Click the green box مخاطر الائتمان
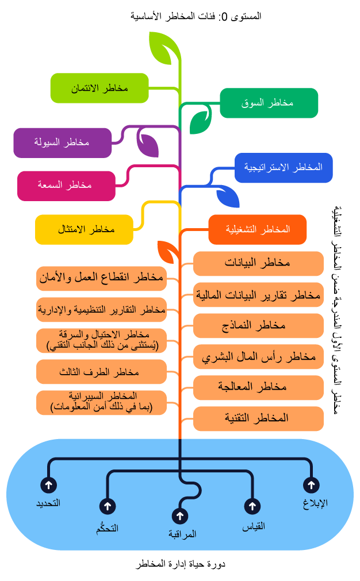pos(99,88)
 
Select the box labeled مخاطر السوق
pos(269,103)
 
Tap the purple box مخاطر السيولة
pos(63,143)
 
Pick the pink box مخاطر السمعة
pos(66,186)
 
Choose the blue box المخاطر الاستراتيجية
pos(284,168)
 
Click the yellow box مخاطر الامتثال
pos(84,229)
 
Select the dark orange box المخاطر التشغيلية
pos(257,229)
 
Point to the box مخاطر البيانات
pos(258,263)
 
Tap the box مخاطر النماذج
pos(258,325)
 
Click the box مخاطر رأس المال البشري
pos(258,356)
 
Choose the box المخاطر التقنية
pos(258,418)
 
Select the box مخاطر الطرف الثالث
pos(101,372)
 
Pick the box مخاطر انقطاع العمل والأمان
pos(101,279)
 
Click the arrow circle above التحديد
pos(48,485)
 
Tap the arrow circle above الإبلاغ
pos(311,485)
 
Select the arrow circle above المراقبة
pos(180,516)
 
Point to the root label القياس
pos(253,525)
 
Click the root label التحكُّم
pos(108,528)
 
